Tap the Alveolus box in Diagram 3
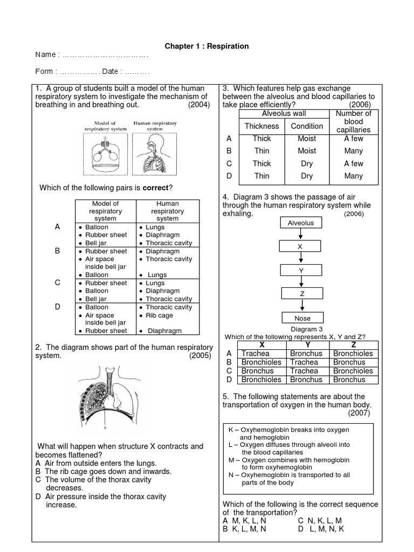coord(301,223)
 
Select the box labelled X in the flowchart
coord(301,246)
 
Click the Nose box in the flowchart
coord(302,318)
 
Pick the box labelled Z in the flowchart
coord(302,293)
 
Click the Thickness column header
coord(262,126)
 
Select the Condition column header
coord(307,126)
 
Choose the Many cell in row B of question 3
coord(354,151)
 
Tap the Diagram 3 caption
coord(306,329)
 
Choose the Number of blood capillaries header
coord(354,122)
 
